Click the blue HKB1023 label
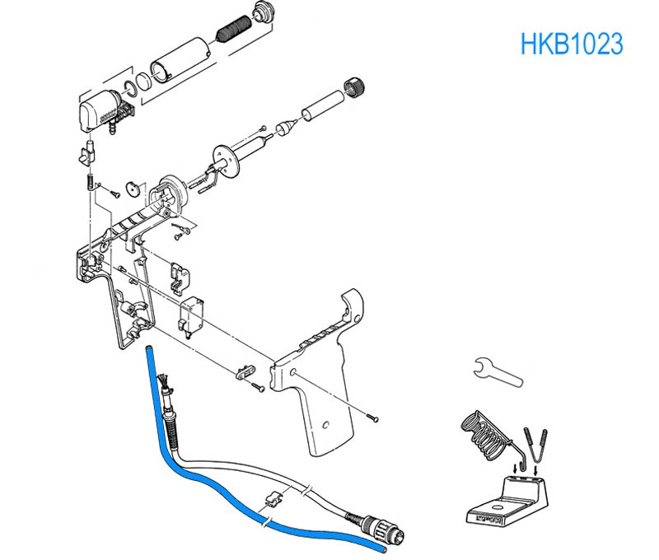(571, 44)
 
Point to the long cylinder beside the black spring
(180, 58)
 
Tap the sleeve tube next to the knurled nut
(320, 104)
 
